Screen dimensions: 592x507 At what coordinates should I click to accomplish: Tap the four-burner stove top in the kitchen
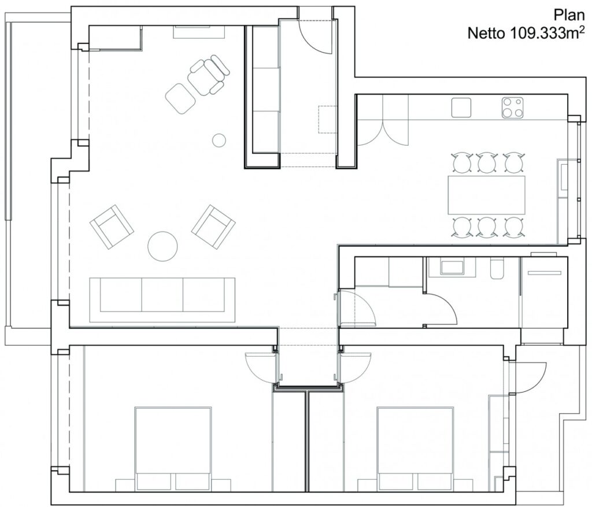click(x=512, y=107)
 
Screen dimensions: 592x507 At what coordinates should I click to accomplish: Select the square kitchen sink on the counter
click(x=461, y=108)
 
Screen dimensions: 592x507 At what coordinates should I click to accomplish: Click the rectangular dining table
click(x=486, y=195)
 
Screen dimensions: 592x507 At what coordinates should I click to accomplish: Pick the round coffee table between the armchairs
click(x=162, y=246)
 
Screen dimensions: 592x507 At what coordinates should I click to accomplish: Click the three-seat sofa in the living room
click(x=162, y=299)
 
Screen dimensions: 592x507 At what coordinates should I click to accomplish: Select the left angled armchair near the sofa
click(x=112, y=227)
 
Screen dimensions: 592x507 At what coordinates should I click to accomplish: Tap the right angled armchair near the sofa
click(x=213, y=227)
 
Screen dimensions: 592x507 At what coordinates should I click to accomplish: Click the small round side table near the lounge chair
click(x=219, y=140)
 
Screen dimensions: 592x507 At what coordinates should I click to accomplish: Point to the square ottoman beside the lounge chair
click(x=180, y=98)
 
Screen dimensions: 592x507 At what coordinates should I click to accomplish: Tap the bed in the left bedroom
click(x=173, y=448)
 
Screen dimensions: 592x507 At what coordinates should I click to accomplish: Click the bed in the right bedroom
click(x=415, y=448)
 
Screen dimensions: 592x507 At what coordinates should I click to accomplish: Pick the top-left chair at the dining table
click(x=461, y=162)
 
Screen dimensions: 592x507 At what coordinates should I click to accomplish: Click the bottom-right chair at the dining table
click(x=513, y=227)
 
